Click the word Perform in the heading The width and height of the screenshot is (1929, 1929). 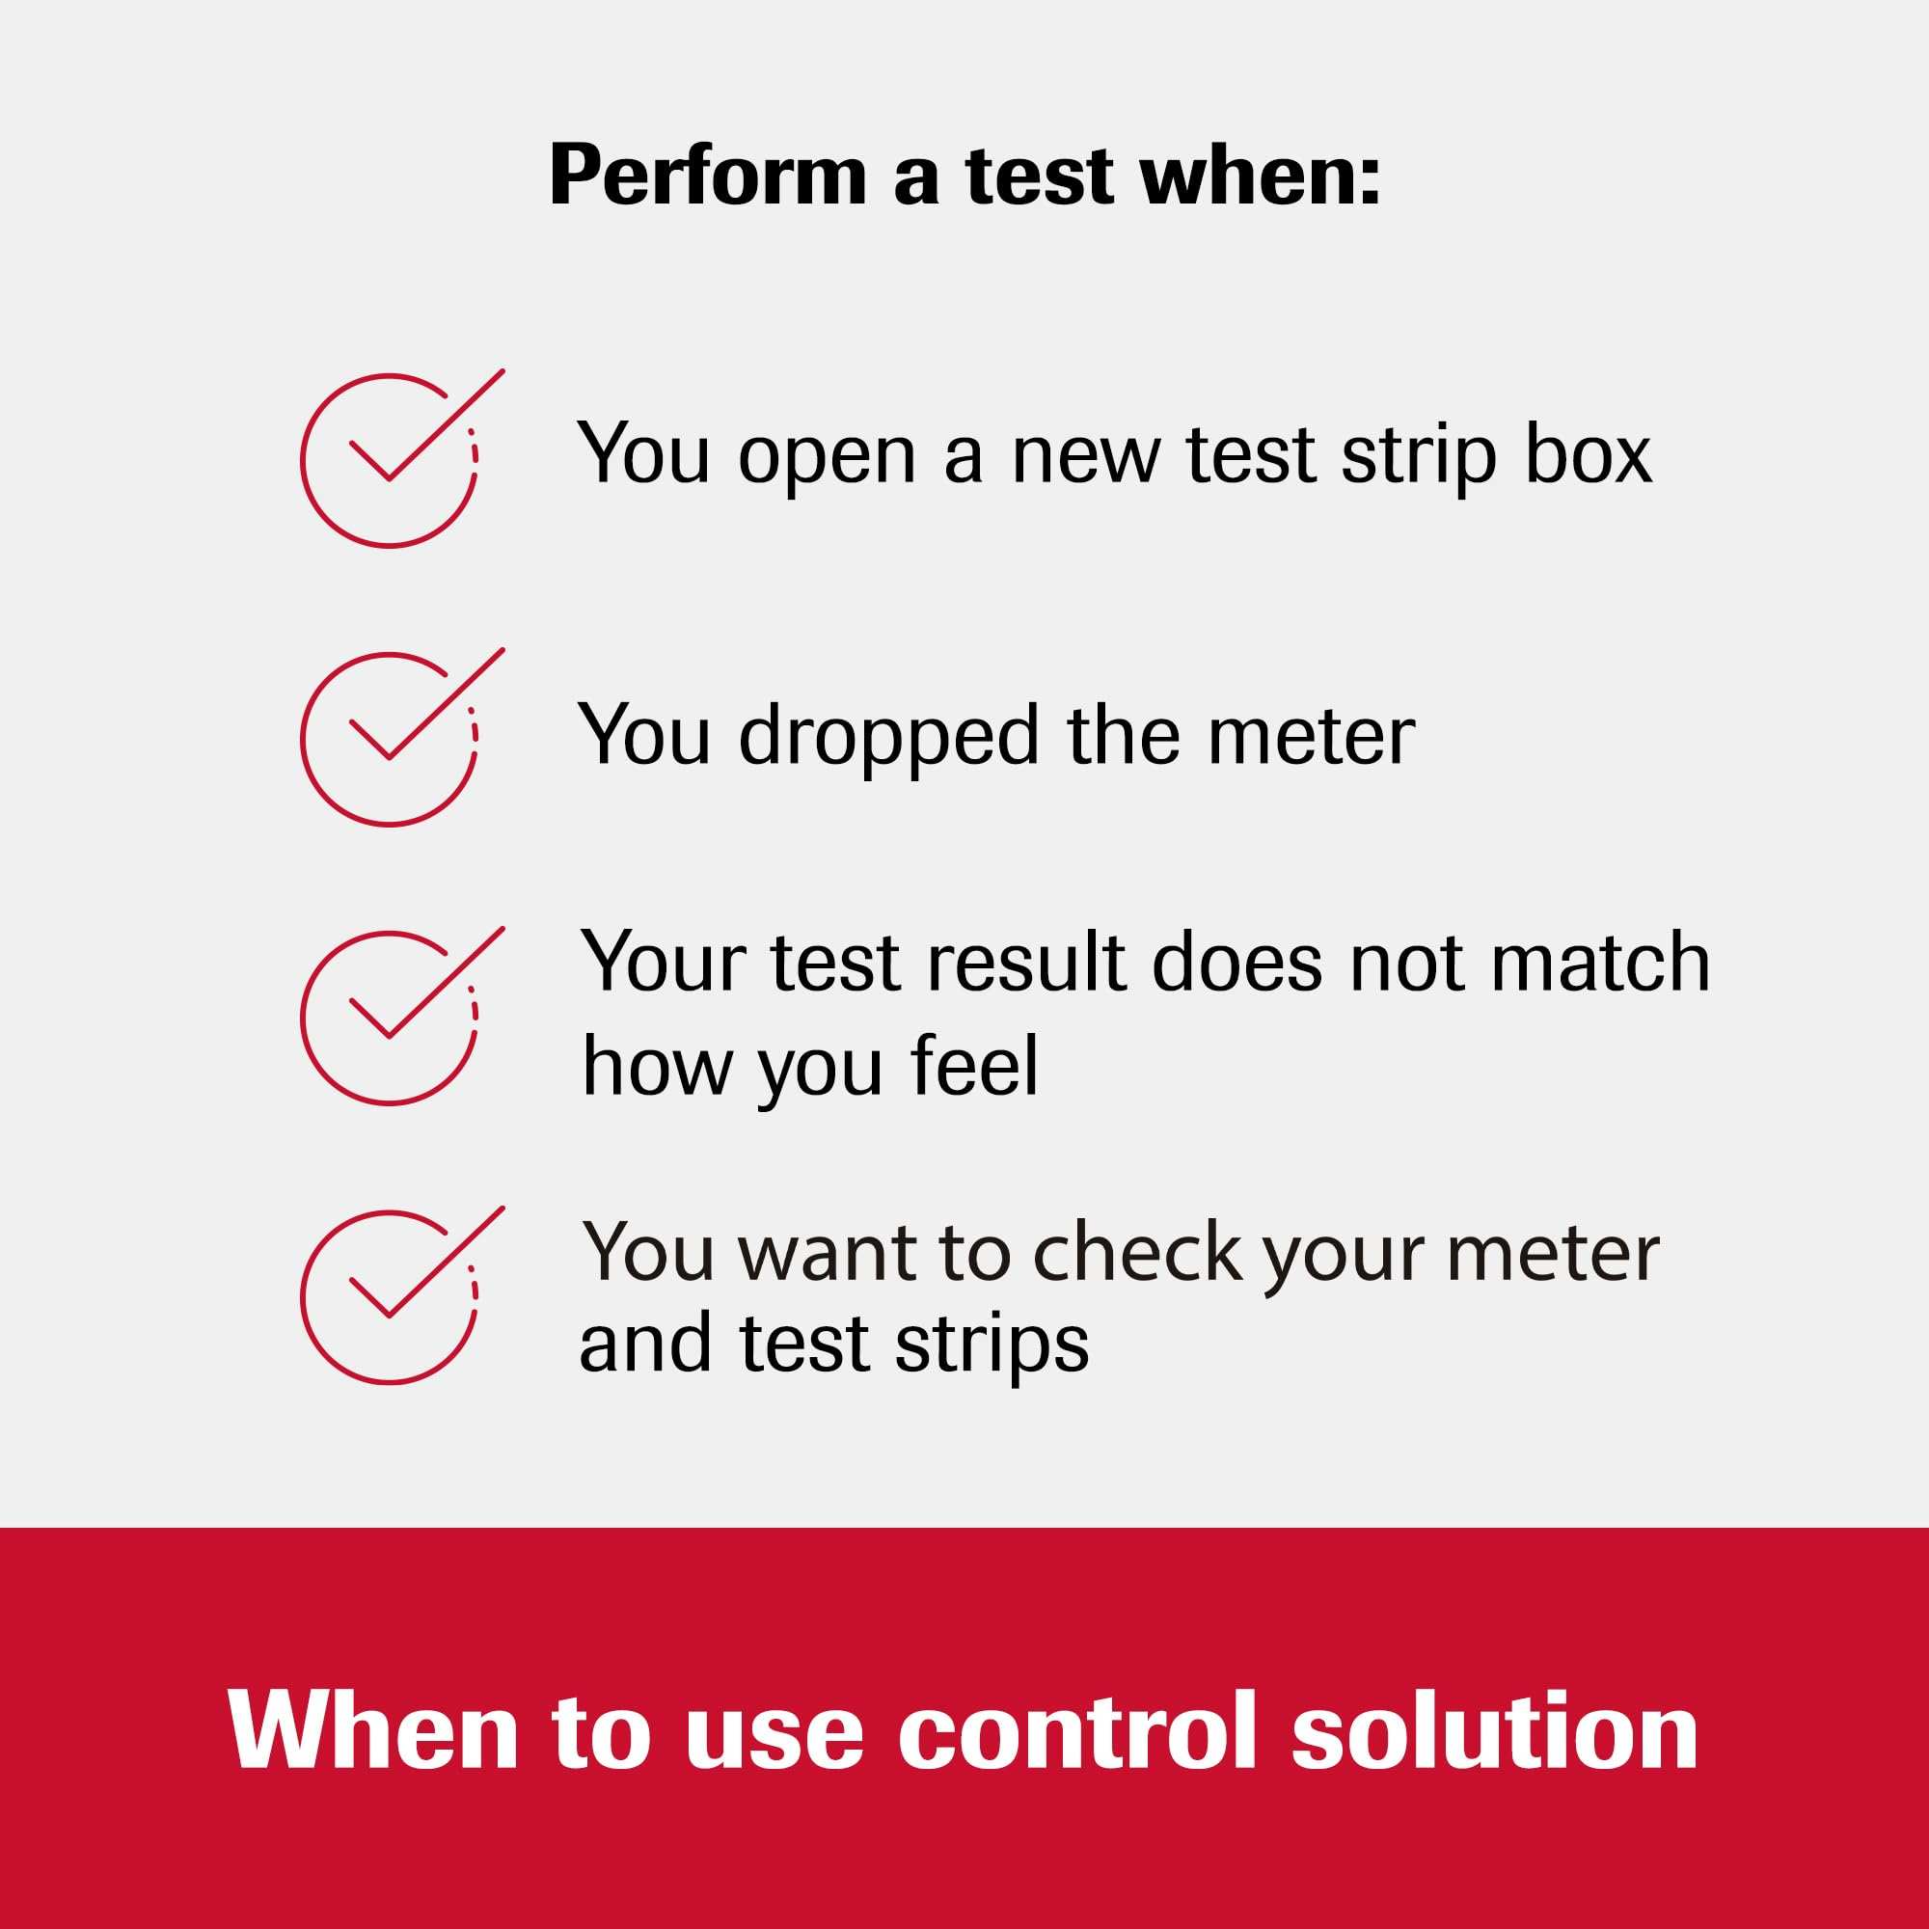[x=707, y=177]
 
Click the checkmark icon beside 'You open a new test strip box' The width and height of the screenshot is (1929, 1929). [x=394, y=460]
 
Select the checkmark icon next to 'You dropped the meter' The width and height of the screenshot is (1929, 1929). [x=394, y=740]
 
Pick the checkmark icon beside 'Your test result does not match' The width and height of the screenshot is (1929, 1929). [x=394, y=1019]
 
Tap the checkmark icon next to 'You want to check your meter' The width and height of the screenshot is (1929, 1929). [x=394, y=1298]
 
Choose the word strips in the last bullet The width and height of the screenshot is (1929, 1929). [x=992, y=1344]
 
